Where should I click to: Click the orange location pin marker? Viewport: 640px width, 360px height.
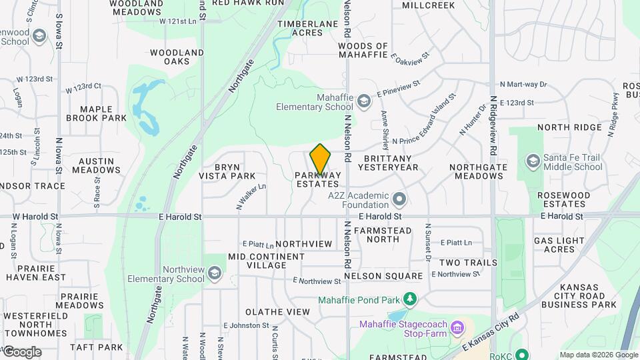coord(321,159)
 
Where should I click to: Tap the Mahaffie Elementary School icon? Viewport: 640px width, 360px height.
coord(363,101)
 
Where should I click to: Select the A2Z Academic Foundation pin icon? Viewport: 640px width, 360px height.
coord(399,199)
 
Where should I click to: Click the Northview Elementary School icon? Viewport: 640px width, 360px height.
coord(215,273)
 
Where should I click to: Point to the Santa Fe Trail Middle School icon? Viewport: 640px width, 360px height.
coord(533,161)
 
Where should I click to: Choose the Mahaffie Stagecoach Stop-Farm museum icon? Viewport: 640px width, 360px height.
coord(457,328)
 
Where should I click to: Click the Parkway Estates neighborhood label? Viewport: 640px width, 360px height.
coord(318,179)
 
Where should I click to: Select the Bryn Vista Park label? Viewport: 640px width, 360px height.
coord(227,171)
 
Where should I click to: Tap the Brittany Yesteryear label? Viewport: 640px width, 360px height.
coord(391,163)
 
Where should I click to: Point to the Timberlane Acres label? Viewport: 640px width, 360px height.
coord(309,28)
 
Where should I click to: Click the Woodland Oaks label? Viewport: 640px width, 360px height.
coord(177,57)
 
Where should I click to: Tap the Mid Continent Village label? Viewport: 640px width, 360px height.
coord(267,261)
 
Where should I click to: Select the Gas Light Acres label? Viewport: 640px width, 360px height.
coord(559,245)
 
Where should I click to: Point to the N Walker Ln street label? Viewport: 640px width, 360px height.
coord(251,195)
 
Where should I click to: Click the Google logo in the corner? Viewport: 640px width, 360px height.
coord(22,352)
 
